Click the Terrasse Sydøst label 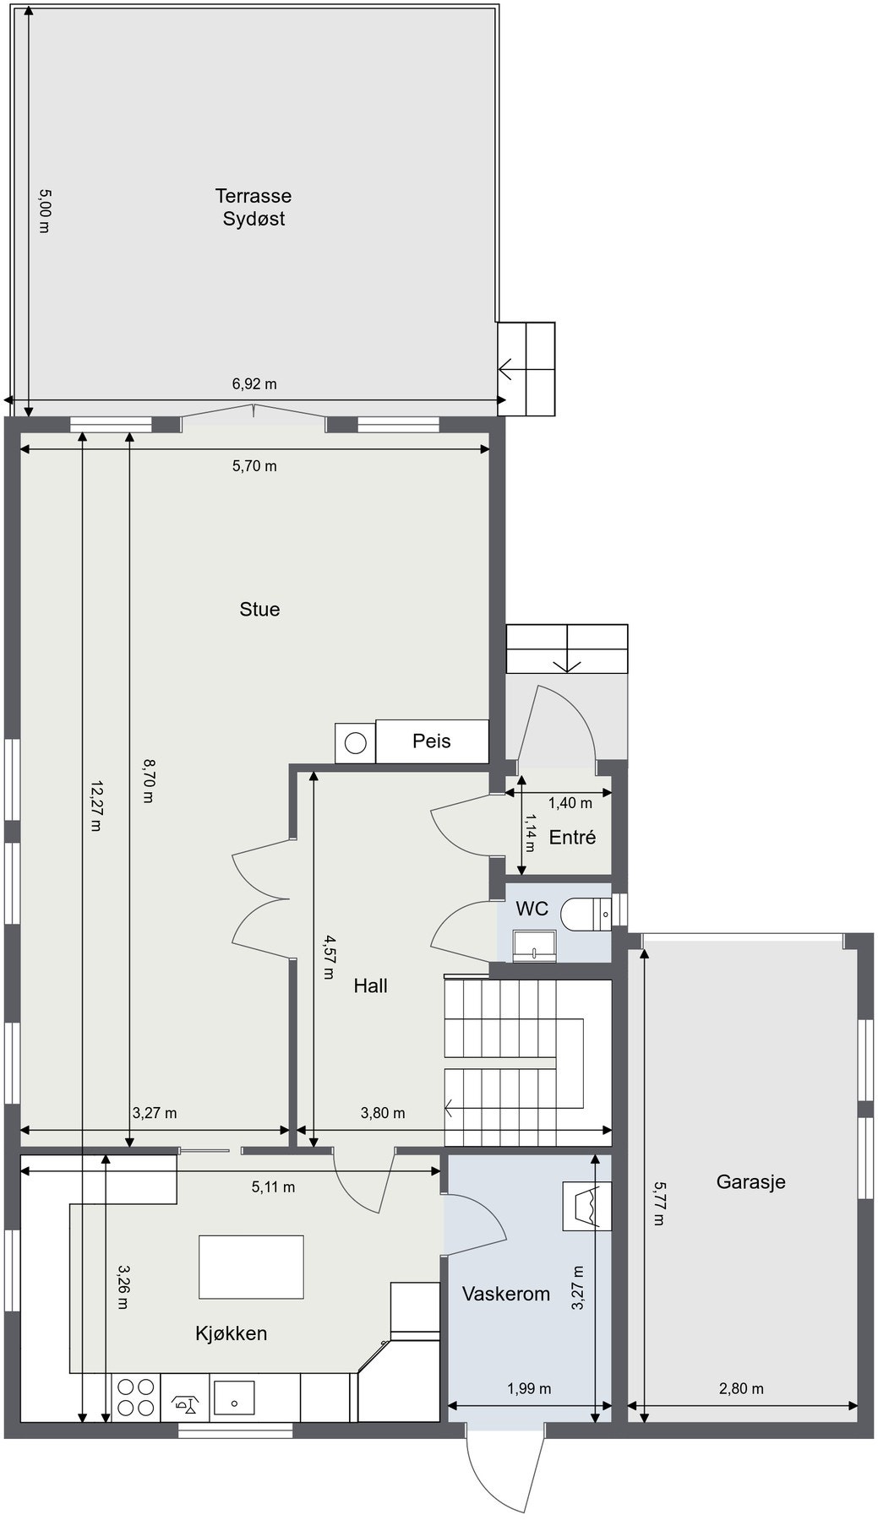click(x=254, y=207)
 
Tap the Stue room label click(x=259, y=609)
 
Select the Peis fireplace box click(x=432, y=741)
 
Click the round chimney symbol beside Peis click(x=356, y=743)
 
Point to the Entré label click(x=572, y=837)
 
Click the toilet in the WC click(x=588, y=914)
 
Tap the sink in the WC click(x=535, y=945)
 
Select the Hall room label click(x=370, y=985)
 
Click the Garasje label click(x=750, y=1181)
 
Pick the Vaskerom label click(x=505, y=1293)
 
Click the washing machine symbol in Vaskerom click(x=586, y=1205)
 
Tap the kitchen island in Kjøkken click(x=251, y=1267)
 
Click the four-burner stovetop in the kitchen click(x=135, y=1397)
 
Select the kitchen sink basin click(x=235, y=1398)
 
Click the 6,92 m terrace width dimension click(x=254, y=384)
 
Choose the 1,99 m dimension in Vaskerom click(x=529, y=1388)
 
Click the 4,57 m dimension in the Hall click(x=328, y=956)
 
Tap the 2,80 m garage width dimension click(x=741, y=1388)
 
